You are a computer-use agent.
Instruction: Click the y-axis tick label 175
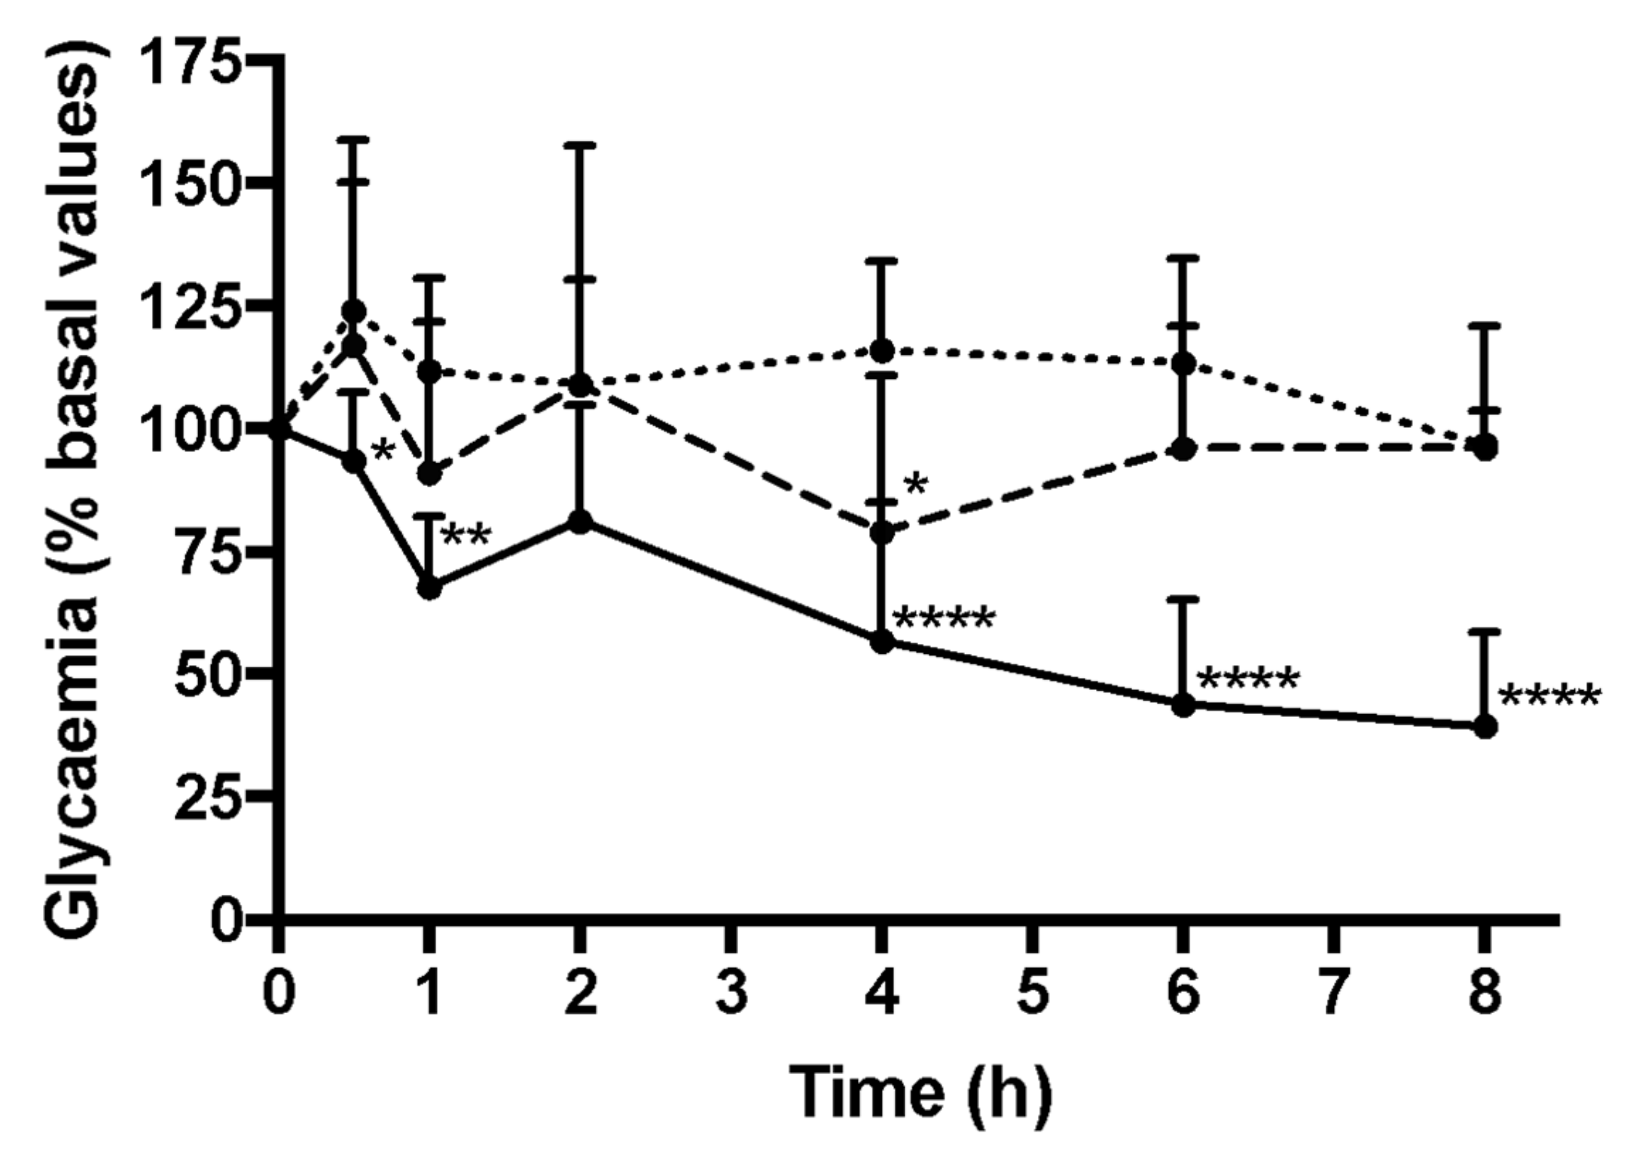tap(194, 60)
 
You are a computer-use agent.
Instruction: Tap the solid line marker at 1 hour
tap(429, 588)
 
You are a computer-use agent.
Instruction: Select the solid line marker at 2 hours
tap(579, 522)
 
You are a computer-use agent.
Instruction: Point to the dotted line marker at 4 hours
tap(882, 350)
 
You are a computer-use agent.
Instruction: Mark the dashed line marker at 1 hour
tap(429, 474)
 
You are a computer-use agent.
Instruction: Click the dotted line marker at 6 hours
tap(1183, 363)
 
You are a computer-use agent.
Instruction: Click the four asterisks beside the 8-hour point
tap(1548, 697)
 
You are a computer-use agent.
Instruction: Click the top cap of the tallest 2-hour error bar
tap(579, 144)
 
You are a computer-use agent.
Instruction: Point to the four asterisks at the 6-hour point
tap(1247, 680)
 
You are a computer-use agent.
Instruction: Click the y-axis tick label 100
tap(194, 429)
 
